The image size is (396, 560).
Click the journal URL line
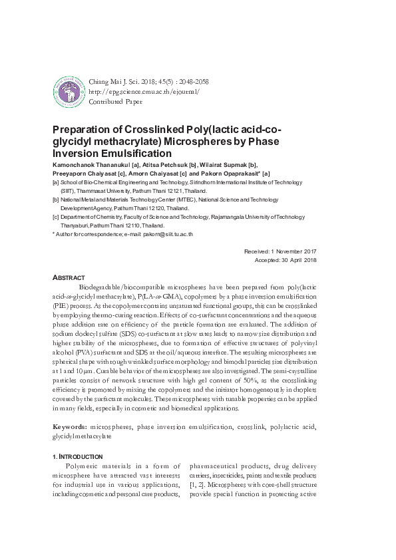click(143, 91)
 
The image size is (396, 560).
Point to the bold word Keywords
click(70, 425)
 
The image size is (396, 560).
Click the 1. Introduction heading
click(77, 456)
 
